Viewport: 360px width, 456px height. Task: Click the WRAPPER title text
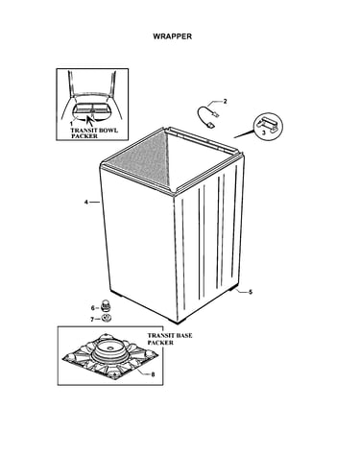[x=173, y=36]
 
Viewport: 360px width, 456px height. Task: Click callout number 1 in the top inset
[x=71, y=123]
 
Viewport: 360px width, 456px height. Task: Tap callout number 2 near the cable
[x=225, y=102]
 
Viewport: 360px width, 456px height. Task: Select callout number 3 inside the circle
[x=264, y=132]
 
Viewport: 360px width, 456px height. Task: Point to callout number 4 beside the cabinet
[x=86, y=202]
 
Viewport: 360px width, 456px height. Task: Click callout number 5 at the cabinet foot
[x=251, y=292]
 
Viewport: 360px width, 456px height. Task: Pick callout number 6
[x=93, y=308]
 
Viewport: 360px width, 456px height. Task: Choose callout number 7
[x=92, y=319]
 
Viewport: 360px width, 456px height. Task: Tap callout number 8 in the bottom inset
[x=153, y=374]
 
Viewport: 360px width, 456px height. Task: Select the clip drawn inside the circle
[x=268, y=124]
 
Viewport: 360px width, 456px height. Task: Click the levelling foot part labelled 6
[x=106, y=305]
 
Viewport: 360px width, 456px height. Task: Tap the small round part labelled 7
[x=106, y=319]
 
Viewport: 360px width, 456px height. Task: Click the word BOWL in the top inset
[x=108, y=131]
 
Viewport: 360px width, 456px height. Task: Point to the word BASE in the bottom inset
[x=182, y=336]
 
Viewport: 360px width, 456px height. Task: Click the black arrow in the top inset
[x=89, y=121]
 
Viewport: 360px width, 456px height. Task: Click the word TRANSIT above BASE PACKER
[x=159, y=336]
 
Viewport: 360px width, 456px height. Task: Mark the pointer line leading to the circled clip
[x=245, y=132]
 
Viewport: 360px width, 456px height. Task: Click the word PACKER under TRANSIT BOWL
[x=84, y=136]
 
